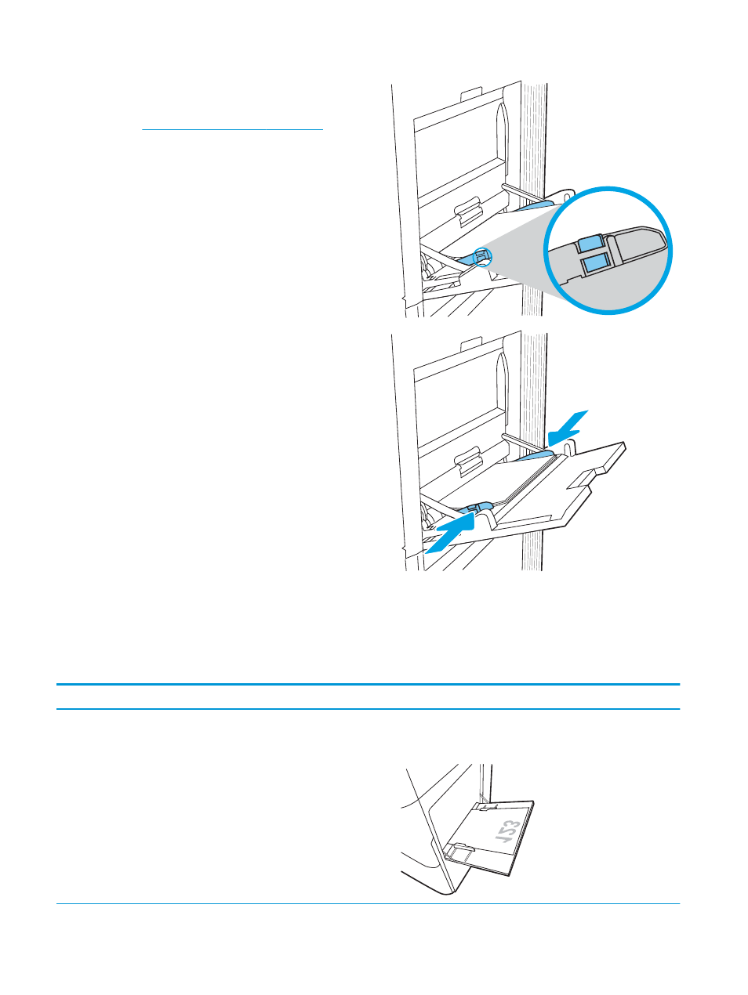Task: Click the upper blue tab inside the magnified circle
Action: pos(590,244)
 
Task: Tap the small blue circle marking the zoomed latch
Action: pos(482,257)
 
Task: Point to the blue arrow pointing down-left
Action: pos(568,428)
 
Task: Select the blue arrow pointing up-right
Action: pos(450,535)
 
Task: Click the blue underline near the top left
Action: pos(233,129)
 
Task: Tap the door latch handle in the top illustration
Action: pos(468,210)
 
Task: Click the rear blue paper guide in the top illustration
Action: pos(536,206)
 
